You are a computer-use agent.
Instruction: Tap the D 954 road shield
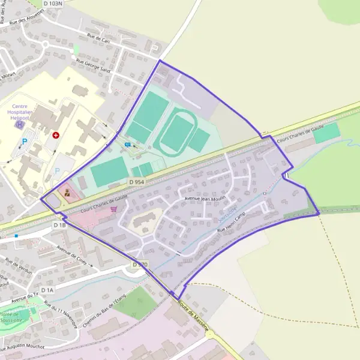click(136, 181)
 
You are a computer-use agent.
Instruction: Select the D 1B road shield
click(59, 225)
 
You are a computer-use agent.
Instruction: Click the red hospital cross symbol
click(56, 136)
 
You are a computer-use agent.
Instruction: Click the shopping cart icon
click(114, 209)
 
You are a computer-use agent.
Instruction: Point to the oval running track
click(176, 133)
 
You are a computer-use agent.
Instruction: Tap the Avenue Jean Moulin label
click(203, 198)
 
